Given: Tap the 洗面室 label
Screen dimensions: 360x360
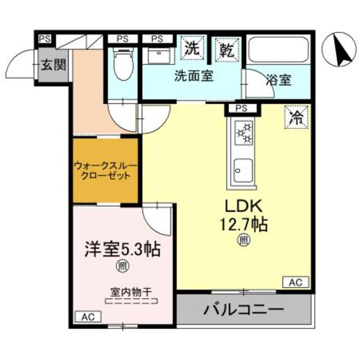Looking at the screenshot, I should coord(193,76).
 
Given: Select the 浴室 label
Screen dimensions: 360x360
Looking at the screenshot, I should coord(277,79).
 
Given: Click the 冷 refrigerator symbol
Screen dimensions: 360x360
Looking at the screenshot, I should coord(296,118).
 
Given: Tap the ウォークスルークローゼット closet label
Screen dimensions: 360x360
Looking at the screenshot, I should coord(105,170).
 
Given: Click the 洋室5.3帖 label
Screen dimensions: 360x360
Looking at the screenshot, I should coord(122,249).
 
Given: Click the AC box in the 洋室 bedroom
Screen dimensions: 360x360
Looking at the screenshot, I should coord(88,317).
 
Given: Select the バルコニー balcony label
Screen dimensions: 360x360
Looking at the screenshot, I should coord(244,309).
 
